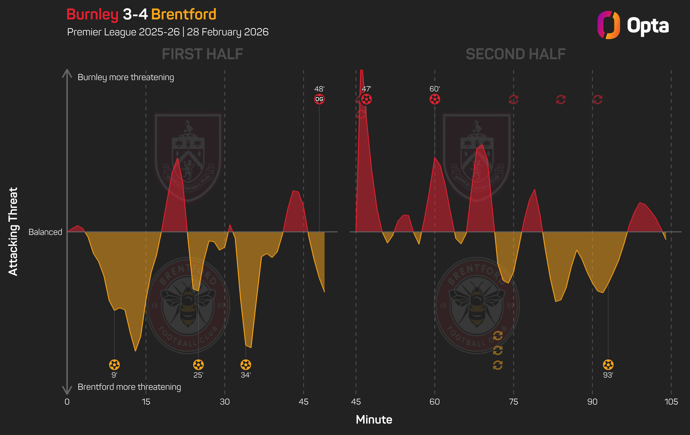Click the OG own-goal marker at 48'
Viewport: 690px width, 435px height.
pyautogui.click(x=319, y=99)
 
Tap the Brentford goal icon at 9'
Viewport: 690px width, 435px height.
pyautogui.click(x=114, y=365)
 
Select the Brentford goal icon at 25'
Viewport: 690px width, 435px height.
pyautogui.click(x=198, y=365)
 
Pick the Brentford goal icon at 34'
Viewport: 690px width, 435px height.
pyautogui.click(x=246, y=365)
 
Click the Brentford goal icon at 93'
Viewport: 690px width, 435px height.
pyautogui.click(x=608, y=365)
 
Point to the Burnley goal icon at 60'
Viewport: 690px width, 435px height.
pyautogui.click(x=435, y=99)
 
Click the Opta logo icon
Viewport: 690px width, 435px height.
pyautogui.click(x=608, y=25)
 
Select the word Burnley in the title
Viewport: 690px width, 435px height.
pyautogui.click(x=92, y=14)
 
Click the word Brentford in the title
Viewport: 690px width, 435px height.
pyautogui.click(x=184, y=14)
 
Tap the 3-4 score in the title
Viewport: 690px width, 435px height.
pyautogui.click(x=135, y=14)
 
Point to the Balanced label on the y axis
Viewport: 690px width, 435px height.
pyautogui.click(x=45, y=232)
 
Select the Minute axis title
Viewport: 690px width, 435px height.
pyautogui.click(x=374, y=420)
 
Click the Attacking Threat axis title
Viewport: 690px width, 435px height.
pyautogui.click(x=13, y=232)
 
